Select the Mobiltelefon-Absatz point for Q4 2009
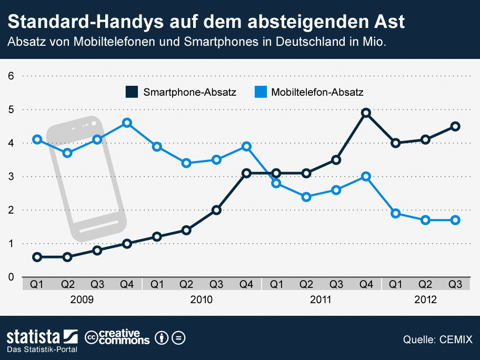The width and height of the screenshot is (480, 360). (x=127, y=123)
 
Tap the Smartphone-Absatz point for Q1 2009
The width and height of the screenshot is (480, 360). (x=37, y=257)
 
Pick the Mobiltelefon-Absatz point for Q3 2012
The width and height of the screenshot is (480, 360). (x=456, y=220)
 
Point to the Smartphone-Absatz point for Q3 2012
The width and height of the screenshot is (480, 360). (x=456, y=126)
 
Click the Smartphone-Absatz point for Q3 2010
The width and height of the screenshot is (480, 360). (x=216, y=210)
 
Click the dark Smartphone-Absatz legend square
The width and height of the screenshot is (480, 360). (x=132, y=92)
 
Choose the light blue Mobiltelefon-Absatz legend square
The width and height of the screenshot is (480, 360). (x=260, y=92)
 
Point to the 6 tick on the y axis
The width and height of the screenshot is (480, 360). (x=11, y=76)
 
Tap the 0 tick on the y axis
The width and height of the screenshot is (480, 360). (x=11, y=277)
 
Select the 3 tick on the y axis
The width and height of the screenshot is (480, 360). (x=11, y=176)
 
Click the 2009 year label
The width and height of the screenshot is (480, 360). (x=82, y=300)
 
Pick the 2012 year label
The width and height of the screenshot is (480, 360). (x=426, y=300)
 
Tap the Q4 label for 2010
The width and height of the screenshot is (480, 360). (x=246, y=285)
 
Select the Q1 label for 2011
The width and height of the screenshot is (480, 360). (x=276, y=285)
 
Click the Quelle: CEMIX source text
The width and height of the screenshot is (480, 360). (x=437, y=339)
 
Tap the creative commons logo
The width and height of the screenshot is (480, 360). (x=117, y=337)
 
